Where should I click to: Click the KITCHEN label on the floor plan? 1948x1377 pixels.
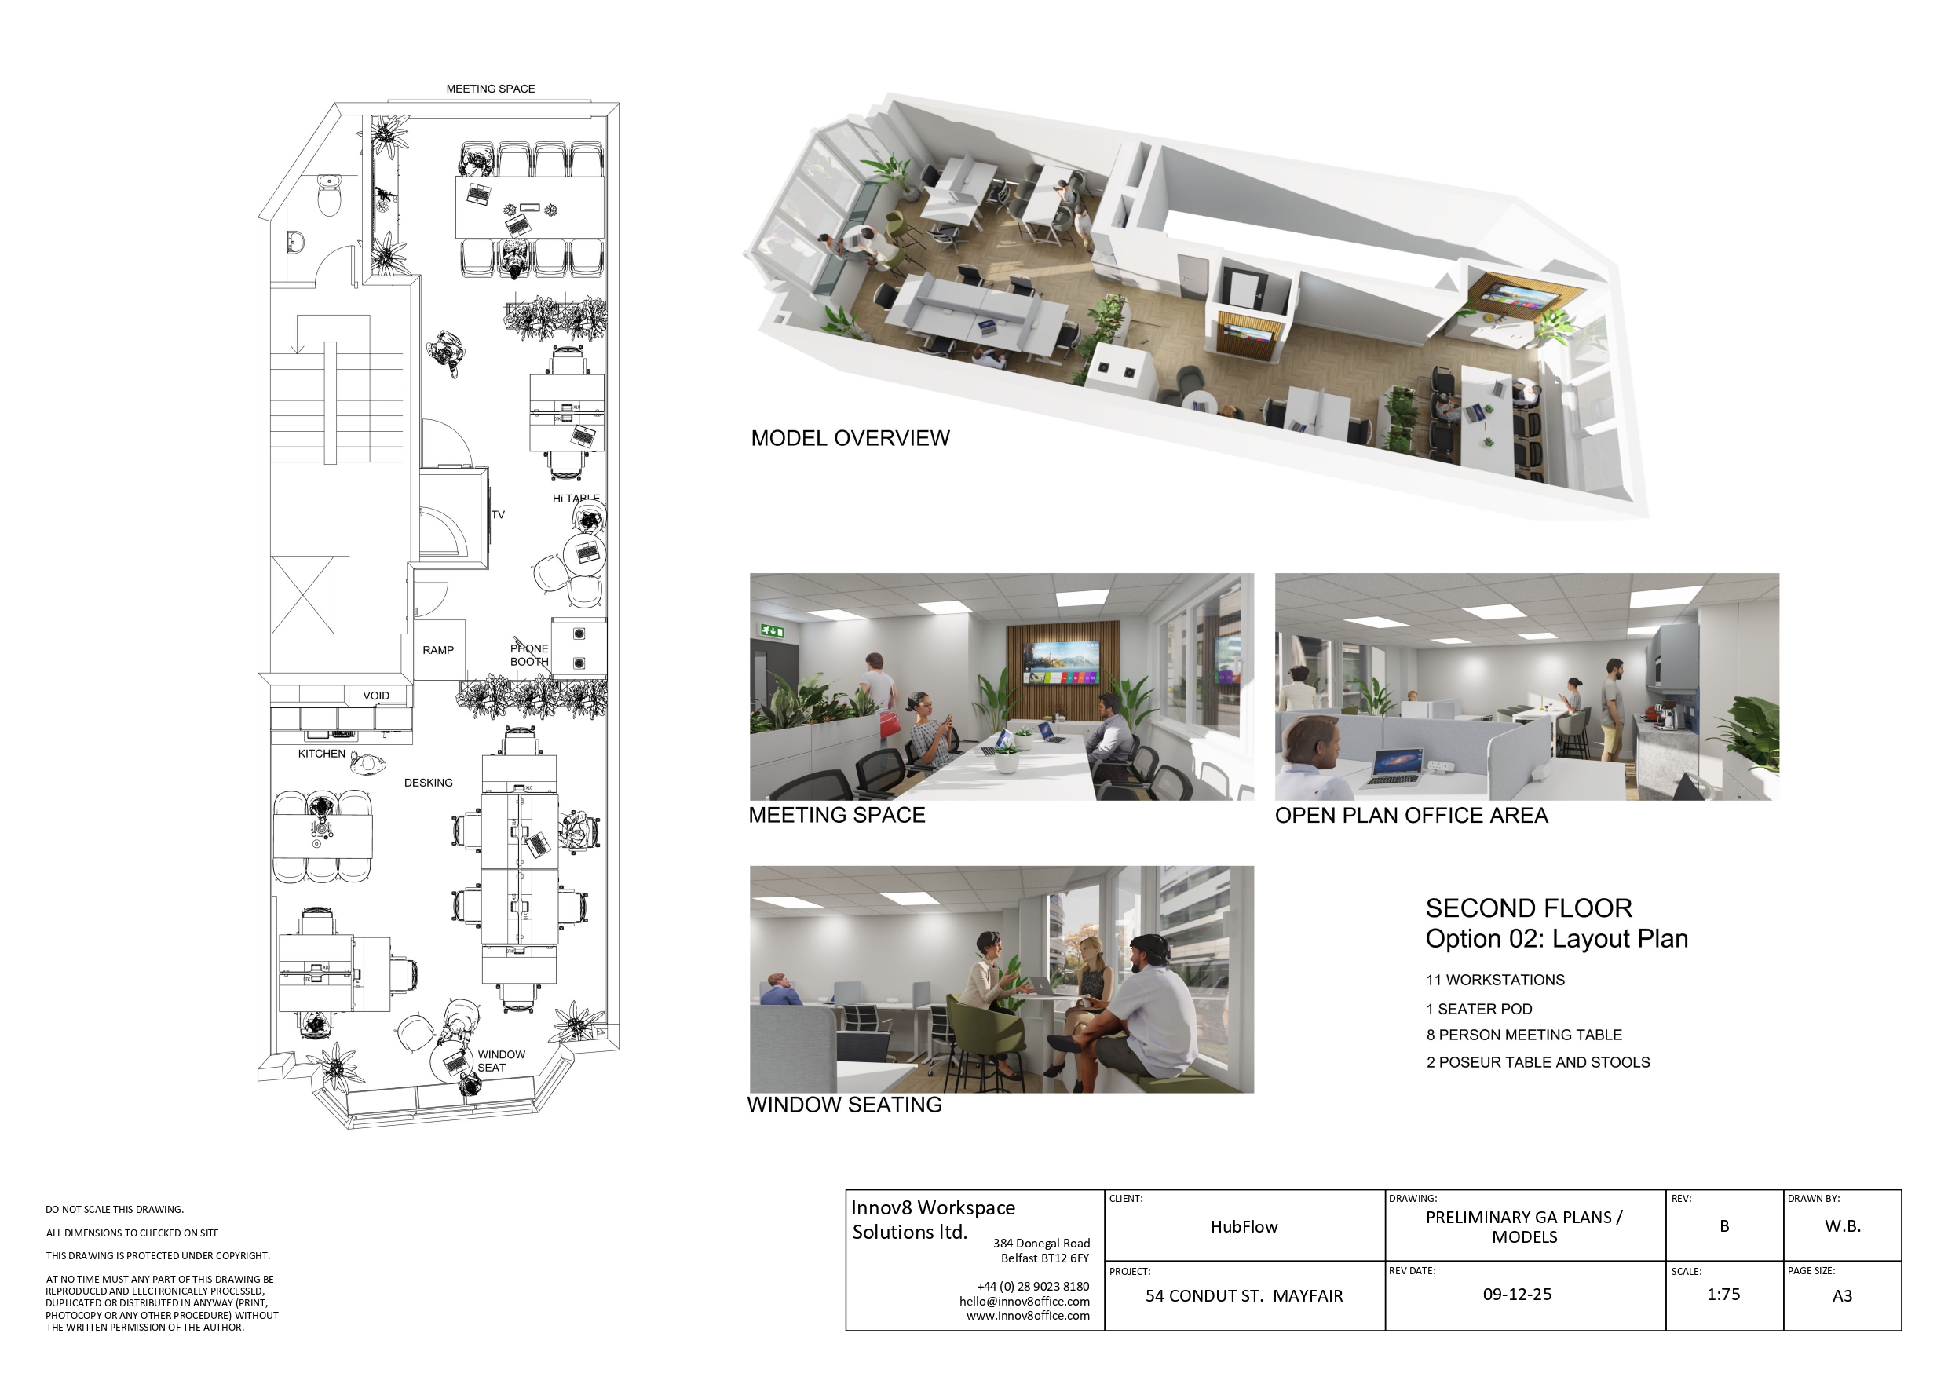[322, 754]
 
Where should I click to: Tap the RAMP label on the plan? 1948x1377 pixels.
[438, 650]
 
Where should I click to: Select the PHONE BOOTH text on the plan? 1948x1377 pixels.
[529, 655]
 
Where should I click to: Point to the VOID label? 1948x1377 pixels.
[376, 696]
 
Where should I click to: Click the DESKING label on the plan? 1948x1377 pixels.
[429, 782]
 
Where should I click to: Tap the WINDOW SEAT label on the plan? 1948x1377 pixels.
[502, 1061]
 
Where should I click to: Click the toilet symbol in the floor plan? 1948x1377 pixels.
[328, 196]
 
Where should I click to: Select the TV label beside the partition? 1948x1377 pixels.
[498, 514]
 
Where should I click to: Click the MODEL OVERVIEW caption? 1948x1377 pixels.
[850, 438]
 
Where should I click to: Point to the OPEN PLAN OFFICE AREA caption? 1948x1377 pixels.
[1412, 816]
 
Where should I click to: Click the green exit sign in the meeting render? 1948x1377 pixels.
[772, 630]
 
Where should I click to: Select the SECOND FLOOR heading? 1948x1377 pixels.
[1529, 908]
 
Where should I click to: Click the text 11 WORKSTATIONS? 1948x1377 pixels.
[1495, 980]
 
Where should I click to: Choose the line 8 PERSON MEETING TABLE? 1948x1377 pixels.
[1524, 1035]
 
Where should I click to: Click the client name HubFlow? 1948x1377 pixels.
[1244, 1227]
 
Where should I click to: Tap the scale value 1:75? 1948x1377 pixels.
[1723, 1295]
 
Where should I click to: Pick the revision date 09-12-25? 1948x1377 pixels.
[1517, 1295]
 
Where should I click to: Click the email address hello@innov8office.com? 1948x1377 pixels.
[1024, 1302]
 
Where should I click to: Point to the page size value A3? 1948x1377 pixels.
[1842, 1295]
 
